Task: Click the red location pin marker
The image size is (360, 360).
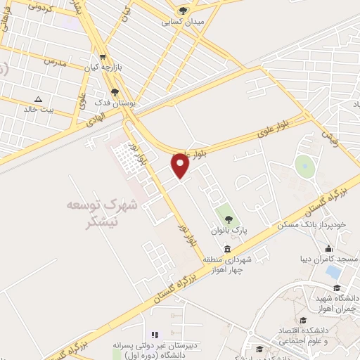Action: pos(180,165)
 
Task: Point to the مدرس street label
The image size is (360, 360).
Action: pos(56,62)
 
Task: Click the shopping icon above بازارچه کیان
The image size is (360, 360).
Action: pos(103,57)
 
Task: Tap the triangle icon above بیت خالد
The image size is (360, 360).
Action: pos(38,98)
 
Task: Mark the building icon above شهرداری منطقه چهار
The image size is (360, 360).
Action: pos(226,250)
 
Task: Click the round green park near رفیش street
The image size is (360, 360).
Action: pos(304,167)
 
